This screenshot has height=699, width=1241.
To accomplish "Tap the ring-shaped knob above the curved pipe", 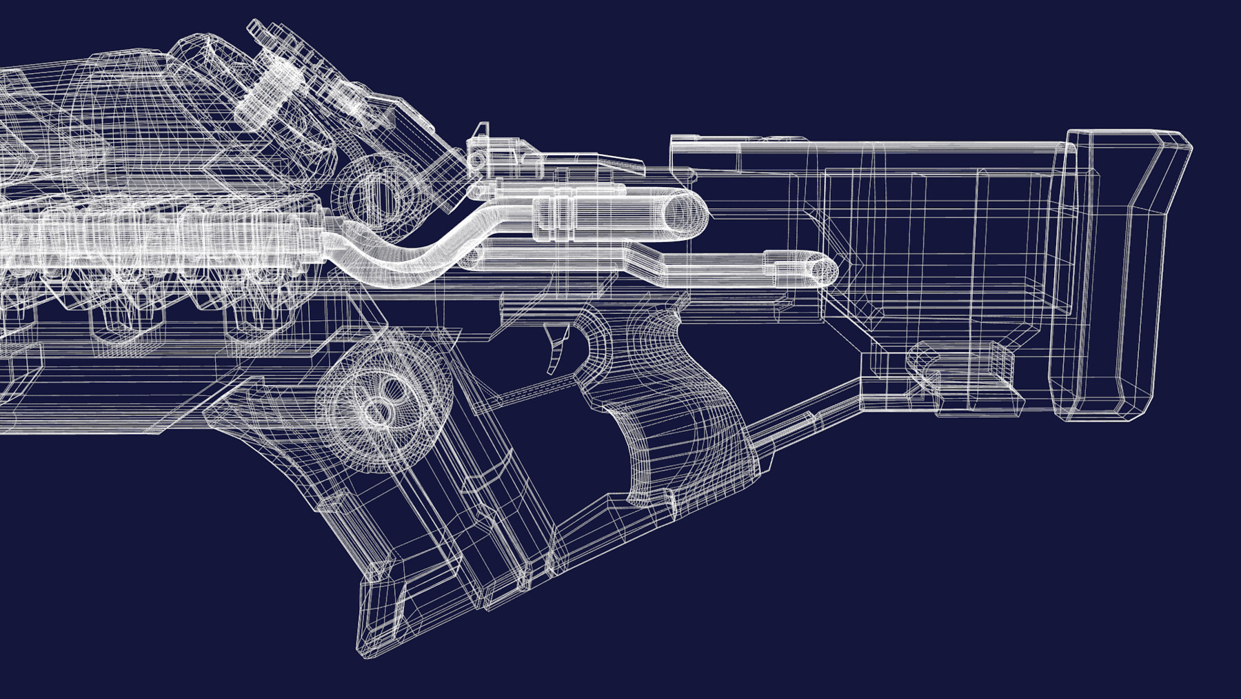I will [x=376, y=190].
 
